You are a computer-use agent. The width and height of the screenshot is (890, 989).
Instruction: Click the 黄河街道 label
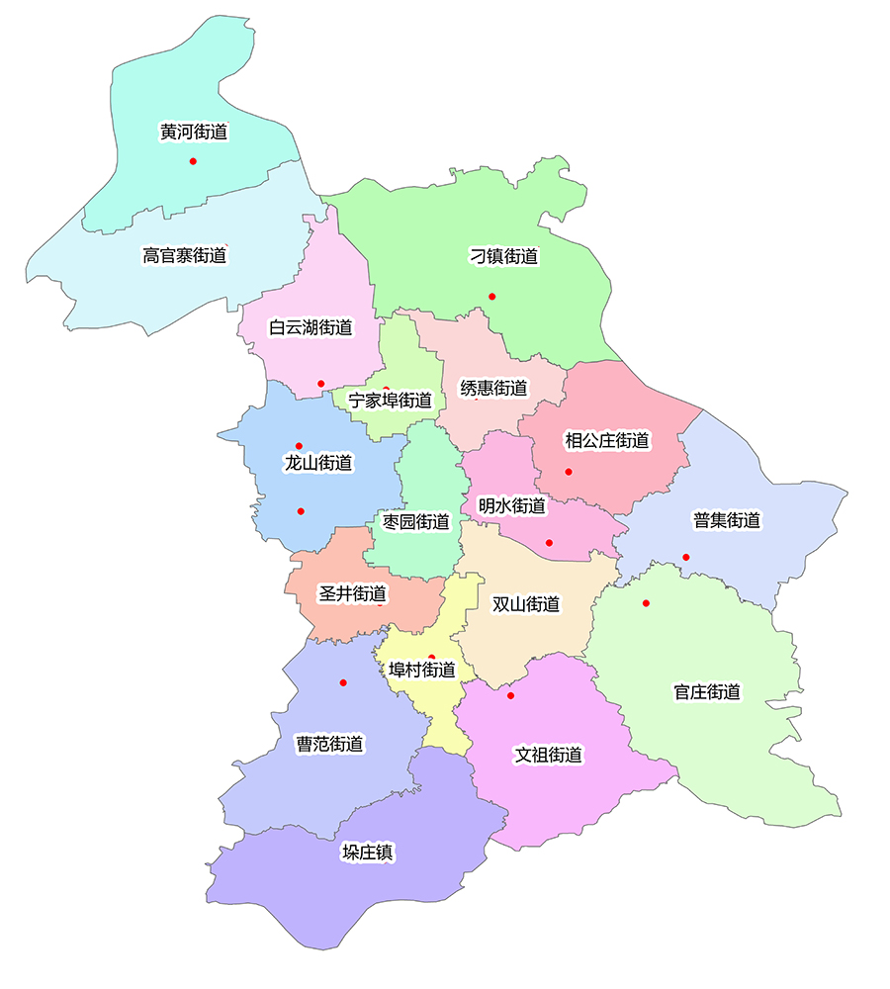194,132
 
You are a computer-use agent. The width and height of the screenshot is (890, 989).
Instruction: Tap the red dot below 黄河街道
193,161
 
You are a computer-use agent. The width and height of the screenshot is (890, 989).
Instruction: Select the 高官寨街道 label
184,255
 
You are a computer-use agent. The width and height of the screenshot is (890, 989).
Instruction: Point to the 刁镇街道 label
503,256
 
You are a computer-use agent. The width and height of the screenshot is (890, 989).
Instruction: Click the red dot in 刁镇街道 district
491,297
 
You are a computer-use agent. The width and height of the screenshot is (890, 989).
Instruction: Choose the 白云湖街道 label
311,326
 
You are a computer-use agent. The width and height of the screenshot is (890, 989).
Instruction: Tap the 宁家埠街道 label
391,401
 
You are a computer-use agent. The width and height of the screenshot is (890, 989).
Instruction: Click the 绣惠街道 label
493,388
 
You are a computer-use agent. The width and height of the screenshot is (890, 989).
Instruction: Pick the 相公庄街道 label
606,440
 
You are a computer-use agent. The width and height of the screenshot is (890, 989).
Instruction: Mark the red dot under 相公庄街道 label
569,472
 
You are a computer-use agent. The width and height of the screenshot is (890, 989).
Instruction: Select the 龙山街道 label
318,462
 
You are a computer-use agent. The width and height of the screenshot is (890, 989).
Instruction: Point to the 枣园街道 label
416,521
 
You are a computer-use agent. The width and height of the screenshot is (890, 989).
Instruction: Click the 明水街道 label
511,505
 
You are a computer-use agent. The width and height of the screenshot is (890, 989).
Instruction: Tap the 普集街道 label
727,520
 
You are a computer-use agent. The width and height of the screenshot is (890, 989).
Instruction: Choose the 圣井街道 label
352,594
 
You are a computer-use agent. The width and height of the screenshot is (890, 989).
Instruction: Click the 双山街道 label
526,603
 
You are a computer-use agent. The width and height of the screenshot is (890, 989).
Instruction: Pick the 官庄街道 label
707,692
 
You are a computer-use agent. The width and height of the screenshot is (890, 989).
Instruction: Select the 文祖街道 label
548,755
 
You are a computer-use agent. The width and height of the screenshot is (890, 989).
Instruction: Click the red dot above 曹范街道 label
343,682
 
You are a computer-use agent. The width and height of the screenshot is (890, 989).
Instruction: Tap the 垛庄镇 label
368,853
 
